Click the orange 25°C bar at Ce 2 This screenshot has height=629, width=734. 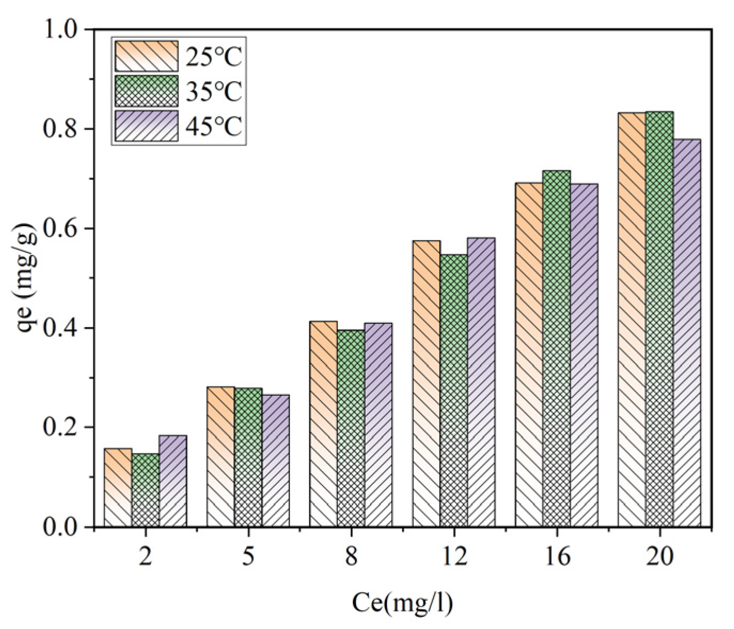tap(118, 488)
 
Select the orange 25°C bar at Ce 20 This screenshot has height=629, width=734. tap(632, 320)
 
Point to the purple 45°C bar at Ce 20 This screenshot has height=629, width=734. tap(687, 333)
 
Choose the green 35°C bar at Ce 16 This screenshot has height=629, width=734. tap(557, 349)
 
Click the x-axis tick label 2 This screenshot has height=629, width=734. tap(145, 556)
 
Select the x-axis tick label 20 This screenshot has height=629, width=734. tap(660, 556)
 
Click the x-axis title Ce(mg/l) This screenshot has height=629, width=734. tap(402, 603)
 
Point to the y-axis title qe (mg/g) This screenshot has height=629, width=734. tap(27, 277)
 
